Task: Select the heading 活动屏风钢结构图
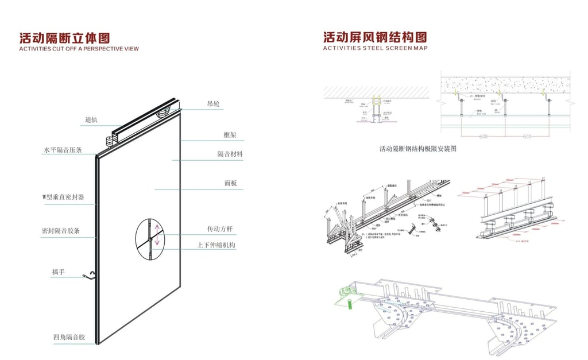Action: click(x=375, y=38)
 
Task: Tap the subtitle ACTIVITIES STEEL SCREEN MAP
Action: click(x=375, y=49)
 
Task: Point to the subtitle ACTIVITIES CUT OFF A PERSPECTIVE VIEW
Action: click(x=79, y=49)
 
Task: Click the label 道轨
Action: click(x=91, y=120)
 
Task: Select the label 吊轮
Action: click(x=213, y=104)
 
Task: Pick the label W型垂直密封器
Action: click(x=63, y=197)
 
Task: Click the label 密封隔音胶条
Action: click(x=60, y=231)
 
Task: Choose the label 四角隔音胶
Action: click(x=69, y=337)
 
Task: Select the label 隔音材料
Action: click(x=230, y=154)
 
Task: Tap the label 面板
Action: click(x=230, y=184)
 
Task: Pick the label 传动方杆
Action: click(x=220, y=229)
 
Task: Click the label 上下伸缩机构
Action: click(x=221, y=245)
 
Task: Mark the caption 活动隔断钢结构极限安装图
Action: click(x=417, y=149)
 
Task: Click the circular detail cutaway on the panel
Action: click(x=150, y=236)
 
